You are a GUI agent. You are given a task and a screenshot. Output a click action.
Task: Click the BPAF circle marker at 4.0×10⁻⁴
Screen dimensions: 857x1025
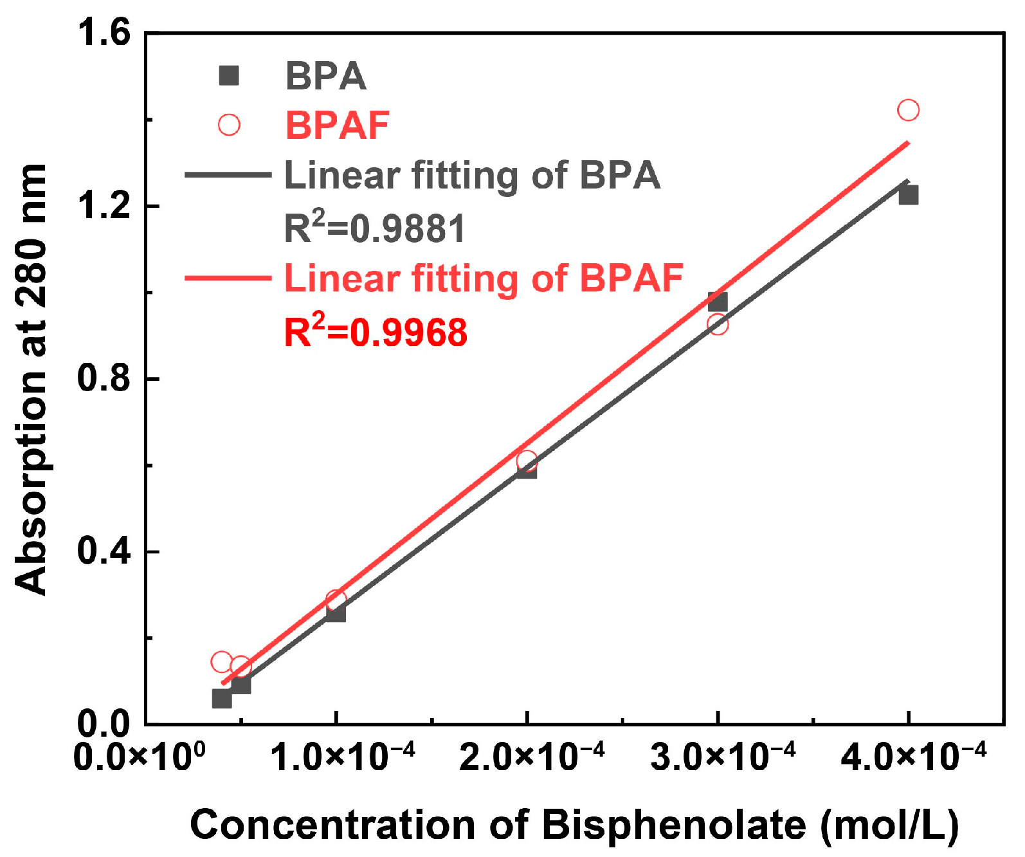click(908, 110)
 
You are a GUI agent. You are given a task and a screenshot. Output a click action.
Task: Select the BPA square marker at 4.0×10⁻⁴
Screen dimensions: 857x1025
click(908, 194)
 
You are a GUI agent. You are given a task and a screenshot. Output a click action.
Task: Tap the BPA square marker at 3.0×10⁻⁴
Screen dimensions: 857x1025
click(718, 301)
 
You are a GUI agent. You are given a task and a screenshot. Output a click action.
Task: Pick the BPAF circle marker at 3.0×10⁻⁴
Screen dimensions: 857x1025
click(718, 324)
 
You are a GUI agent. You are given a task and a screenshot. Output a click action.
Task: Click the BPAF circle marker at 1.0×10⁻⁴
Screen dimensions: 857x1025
click(336, 600)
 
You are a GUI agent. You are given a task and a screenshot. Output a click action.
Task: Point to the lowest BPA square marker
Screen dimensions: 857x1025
click(222, 698)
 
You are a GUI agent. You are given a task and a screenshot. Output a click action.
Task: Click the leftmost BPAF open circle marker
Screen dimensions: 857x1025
click(221, 661)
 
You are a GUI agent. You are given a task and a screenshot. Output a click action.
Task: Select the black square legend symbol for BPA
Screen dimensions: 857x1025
click(229, 76)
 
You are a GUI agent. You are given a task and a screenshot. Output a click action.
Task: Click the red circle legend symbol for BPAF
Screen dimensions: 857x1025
click(229, 124)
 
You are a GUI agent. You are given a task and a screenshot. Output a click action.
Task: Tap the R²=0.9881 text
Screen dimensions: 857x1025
click(375, 228)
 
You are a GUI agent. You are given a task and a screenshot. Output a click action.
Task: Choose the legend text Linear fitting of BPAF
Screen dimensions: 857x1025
click(483, 279)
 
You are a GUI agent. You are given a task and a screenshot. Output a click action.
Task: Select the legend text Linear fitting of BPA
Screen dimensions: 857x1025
click(472, 175)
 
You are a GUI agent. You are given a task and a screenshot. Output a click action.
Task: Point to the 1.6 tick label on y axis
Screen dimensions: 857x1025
click(103, 32)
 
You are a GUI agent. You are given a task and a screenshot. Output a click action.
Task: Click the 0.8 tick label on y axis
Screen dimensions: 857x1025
click(103, 378)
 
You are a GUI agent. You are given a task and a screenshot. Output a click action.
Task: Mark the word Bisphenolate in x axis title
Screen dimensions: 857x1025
click(674, 825)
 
